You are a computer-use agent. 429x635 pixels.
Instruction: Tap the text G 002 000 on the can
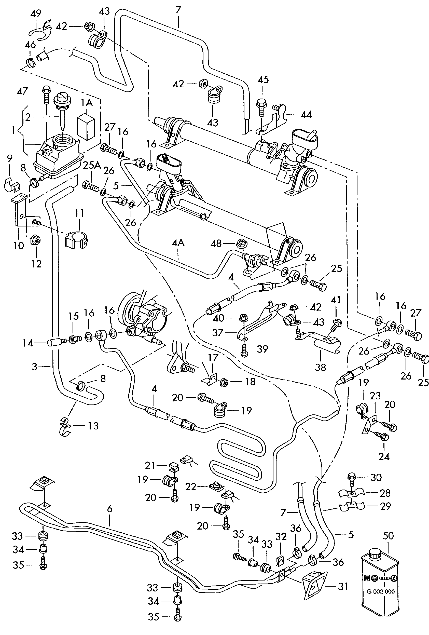tap(381, 591)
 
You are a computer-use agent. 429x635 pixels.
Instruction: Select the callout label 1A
tap(87, 103)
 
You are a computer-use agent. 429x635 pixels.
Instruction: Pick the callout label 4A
tap(178, 243)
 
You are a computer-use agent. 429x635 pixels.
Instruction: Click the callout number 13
tap(93, 426)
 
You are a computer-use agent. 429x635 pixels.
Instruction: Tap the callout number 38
tap(320, 367)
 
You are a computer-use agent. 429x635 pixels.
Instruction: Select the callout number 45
tap(263, 79)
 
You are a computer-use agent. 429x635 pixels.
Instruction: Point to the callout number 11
tap(79, 213)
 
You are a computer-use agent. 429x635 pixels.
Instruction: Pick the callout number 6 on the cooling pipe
tap(110, 508)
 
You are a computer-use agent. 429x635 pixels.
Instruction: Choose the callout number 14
tap(27, 343)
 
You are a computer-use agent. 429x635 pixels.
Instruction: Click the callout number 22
tap(191, 487)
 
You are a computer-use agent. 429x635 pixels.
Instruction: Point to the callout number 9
tap(10, 158)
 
